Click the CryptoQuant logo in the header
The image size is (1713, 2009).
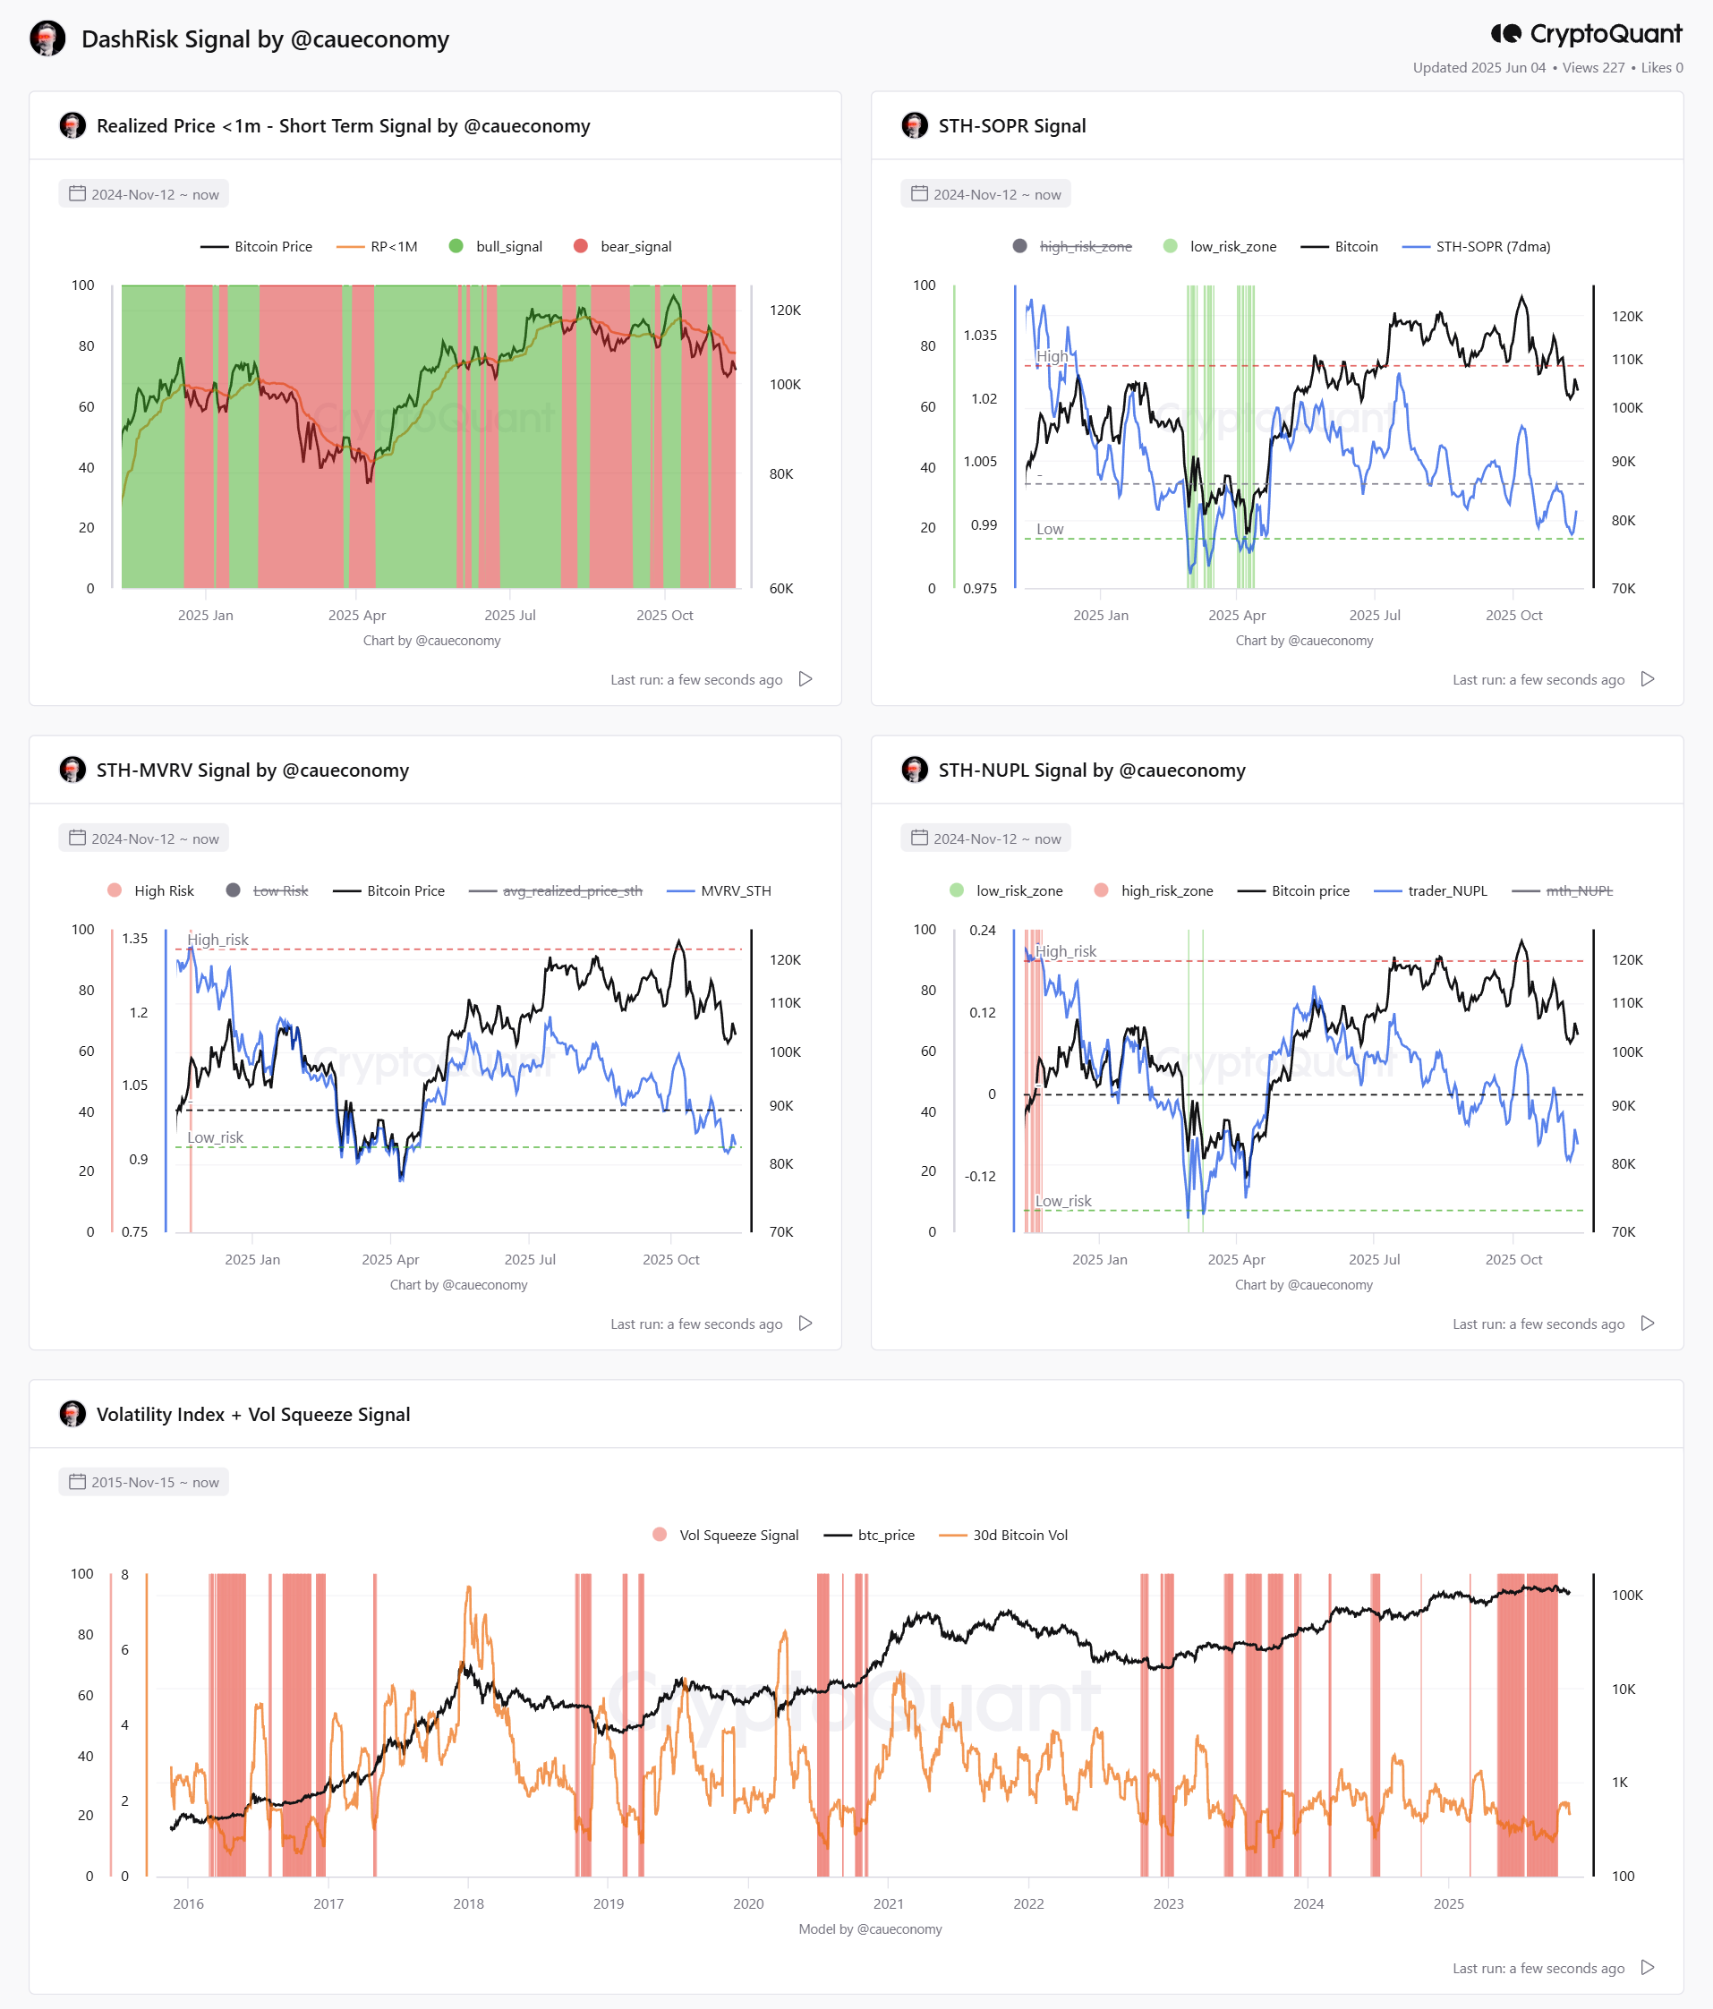[x=1586, y=34]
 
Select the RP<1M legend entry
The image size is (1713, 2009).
[x=377, y=246]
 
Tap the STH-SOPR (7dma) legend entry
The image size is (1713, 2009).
[x=1477, y=246]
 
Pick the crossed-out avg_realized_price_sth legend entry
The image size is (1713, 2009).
[x=556, y=891]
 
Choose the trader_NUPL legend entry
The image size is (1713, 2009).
[x=1431, y=891]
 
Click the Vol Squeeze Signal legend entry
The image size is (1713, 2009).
[x=726, y=1535]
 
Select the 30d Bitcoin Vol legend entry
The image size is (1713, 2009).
[x=1004, y=1535]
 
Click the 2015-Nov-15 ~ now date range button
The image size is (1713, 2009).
[x=143, y=1482]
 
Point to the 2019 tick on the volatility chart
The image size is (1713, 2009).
[x=609, y=1903]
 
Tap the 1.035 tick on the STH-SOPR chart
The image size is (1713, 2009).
[x=980, y=336]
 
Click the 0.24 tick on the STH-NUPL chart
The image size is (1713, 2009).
[x=982, y=930]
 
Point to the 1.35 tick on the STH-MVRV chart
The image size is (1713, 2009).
[x=135, y=939]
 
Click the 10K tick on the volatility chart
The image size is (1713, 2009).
[x=1624, y=1689]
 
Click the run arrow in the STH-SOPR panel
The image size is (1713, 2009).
[x=1647, y=678]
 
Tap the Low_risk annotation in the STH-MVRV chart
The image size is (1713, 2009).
[x=215, y=1137]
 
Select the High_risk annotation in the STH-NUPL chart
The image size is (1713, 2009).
[x=1065, y=951]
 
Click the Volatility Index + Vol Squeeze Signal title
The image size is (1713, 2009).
[x=253, y=1414]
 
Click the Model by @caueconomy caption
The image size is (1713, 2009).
[x=871, y=1928]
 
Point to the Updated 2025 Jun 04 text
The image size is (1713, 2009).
[x=1479, y=68]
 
